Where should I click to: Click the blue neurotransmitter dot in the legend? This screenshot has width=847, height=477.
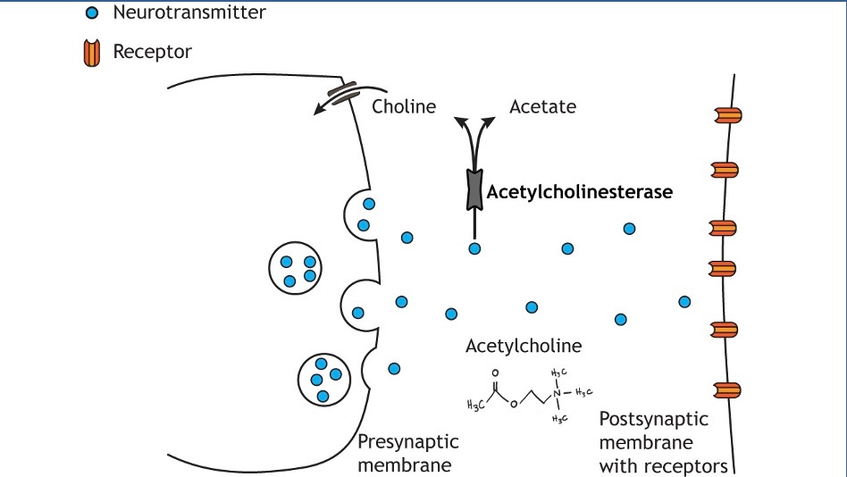coord(91,13)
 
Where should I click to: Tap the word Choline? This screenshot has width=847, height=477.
coord(404,107)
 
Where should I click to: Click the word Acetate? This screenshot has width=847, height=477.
coord(542,107)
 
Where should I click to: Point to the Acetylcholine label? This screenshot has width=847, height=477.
coord(524,346)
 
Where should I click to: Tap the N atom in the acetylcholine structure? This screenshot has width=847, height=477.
coord(557,391)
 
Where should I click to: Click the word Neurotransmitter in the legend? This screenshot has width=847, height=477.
coord(189,13)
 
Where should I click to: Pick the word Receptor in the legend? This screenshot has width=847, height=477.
coord(152,52)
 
